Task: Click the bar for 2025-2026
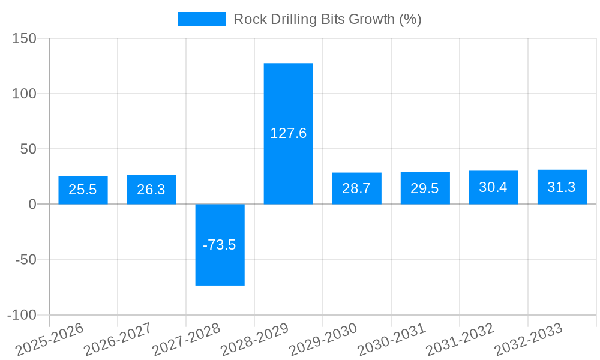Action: (x=83, y=190)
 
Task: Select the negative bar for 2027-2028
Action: (x=220, y=245)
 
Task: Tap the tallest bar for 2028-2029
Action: (x=288, y=133)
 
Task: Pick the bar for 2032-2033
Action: (x=562, y=187)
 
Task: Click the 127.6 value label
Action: (x=288, y=133)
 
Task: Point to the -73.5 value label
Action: (x=220, y=245)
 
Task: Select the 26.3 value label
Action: (x=151, y=190)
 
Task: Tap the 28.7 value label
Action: (x=356, y=188)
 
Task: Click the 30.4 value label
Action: (x=493, y=187)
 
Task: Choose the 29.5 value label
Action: (x=425, y=188)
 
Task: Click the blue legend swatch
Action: (x=202, y=19)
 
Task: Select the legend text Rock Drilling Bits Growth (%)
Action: (x=327, y=19)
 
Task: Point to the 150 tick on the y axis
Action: (x=25, y=38)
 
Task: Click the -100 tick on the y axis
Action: (x=22, y=315)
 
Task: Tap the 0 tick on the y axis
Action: (x=32, y=205)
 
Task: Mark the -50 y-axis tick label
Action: (x=25, y=260)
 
